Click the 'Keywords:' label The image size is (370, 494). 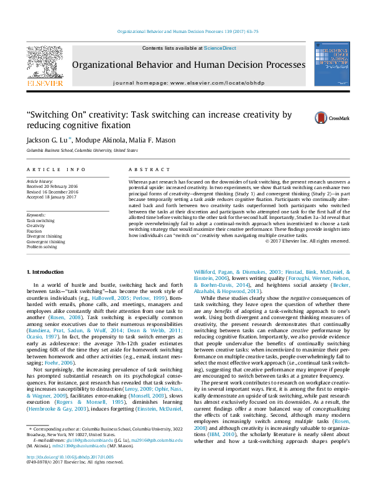pos(36,215)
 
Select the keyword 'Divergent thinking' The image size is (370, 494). pos(45,236)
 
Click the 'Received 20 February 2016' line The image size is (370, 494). pos(53,185)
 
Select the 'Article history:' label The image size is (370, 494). pos(40,180)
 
